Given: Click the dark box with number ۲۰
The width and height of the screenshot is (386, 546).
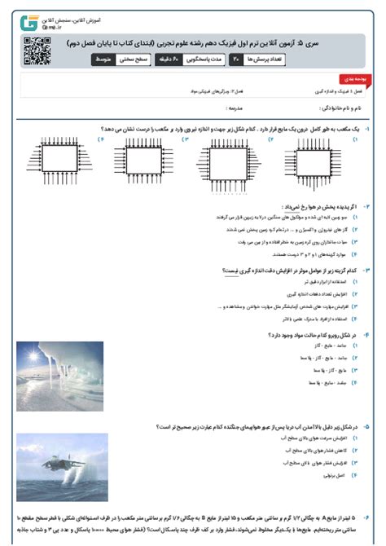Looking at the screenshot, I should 235,59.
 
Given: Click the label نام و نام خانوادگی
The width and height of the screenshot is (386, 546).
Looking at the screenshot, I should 342,106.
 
